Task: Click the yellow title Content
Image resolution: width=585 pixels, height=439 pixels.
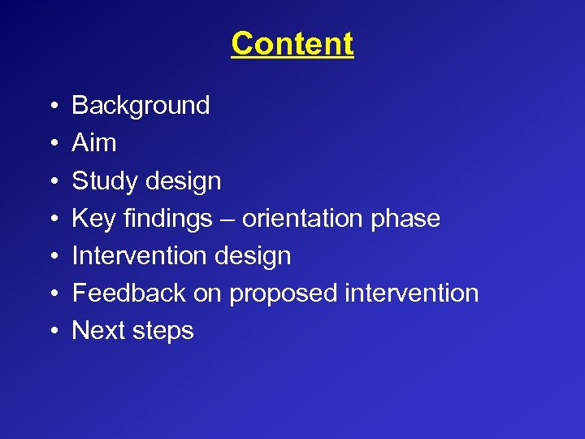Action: [x=292, y=44]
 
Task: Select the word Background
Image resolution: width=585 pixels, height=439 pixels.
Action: [x=141, y=106]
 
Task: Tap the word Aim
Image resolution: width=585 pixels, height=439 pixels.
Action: [x=94, y=143]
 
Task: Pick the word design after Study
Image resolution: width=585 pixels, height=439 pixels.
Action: [x=184, y=181]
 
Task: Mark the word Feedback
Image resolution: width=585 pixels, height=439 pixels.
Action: [x=129, y=293]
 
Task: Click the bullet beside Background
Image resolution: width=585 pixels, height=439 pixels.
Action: [x=51, y=106]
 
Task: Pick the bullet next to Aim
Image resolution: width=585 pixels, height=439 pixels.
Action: [x=51, y=144]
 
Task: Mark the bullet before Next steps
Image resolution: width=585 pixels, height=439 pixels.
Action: [x=51, y=332]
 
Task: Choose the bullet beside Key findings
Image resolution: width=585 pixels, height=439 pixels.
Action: [x=51, y=219]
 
